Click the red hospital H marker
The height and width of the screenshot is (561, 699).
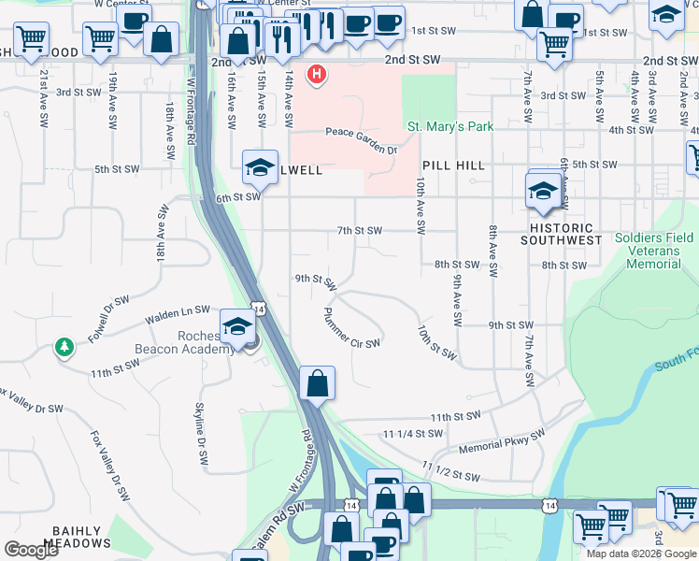(x=318, y=74)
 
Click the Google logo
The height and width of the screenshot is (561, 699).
(x=31, y=550)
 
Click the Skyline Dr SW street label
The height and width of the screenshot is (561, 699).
(x=200, y=435)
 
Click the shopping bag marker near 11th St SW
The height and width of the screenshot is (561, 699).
(x=318, y=382)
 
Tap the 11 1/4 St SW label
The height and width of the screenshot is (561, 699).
(x=412, y=434)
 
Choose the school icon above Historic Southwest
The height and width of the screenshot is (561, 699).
(x=543, y=191)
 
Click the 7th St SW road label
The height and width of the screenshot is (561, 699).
(x=360, y=230)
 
